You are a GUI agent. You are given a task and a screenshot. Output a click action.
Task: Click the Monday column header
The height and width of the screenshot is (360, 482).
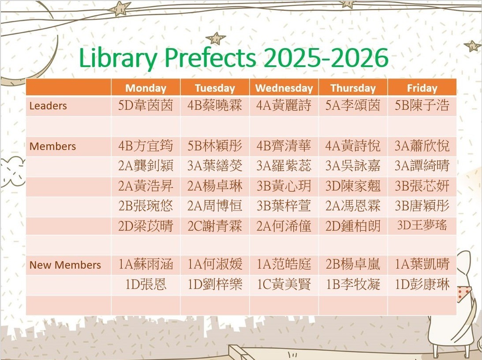tap(146, 88)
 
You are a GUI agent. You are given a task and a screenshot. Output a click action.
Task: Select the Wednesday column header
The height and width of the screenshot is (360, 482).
tap(284, 88)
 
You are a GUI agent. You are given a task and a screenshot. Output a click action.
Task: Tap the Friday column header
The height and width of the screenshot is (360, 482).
tap(422, 88)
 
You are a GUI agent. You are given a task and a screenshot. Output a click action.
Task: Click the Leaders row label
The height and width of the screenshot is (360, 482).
tap(48, 106)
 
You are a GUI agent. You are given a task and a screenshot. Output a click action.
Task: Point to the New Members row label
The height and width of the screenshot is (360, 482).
tap(65, 265)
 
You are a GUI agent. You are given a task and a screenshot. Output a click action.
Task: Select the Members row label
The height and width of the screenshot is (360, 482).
tap(52, 146)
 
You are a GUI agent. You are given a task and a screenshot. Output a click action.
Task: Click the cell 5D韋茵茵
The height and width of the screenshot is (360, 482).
tap(146, 105)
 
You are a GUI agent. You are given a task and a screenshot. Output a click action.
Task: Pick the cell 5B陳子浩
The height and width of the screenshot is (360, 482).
tap(422, 105)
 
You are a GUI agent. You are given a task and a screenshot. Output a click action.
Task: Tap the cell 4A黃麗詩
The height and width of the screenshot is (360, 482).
tap(284, 105)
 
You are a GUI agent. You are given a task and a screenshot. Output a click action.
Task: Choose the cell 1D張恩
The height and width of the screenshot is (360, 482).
tap(146, 284)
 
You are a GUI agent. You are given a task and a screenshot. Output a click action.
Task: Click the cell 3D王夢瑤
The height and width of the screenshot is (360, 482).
tap(422, 225)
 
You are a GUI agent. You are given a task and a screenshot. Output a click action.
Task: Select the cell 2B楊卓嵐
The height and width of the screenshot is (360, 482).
tap(353, 264)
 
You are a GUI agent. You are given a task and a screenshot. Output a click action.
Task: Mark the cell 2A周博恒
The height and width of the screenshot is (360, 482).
tap(215, 206)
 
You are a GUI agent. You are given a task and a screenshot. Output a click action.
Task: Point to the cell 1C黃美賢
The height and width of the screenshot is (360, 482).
tap(284, 284)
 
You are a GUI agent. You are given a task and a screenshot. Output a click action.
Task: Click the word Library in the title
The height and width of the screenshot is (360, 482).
tap(118, 58)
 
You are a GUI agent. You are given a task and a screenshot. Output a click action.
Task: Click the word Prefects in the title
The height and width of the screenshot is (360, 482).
tap(210, 58)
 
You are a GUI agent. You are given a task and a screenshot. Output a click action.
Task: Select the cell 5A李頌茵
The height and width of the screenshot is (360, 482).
tap(353, 105)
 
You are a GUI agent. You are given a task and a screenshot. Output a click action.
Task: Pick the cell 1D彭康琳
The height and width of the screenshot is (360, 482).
tap(422, 284)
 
